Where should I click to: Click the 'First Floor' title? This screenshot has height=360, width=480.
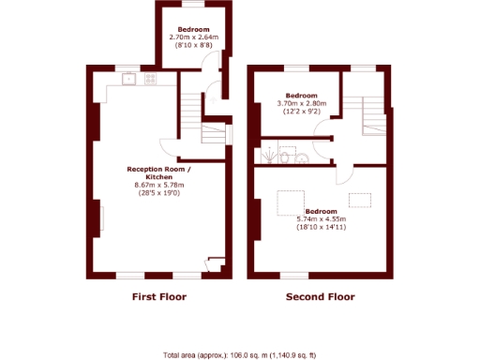click(157, 297)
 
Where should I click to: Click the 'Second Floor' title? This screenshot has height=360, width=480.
click(321, 297)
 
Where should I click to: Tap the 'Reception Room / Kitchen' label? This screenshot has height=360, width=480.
click(159, 173)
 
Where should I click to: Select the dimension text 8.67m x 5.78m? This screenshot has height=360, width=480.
click(159, 186)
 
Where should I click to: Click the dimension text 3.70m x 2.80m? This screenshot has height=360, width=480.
click(302, 104)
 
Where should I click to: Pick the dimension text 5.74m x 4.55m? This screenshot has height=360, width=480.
click(322, 219)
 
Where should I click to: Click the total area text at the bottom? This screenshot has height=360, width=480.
click(239, 354)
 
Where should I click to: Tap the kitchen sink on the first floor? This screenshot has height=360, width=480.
click(128, 81)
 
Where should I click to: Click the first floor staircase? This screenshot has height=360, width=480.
click(213, 131)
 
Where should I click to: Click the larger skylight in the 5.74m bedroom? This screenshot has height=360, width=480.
click(290, 201)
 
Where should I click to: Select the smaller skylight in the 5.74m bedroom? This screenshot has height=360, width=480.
click(360, 199)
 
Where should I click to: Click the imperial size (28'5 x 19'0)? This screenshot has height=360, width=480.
click(159, 194)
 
